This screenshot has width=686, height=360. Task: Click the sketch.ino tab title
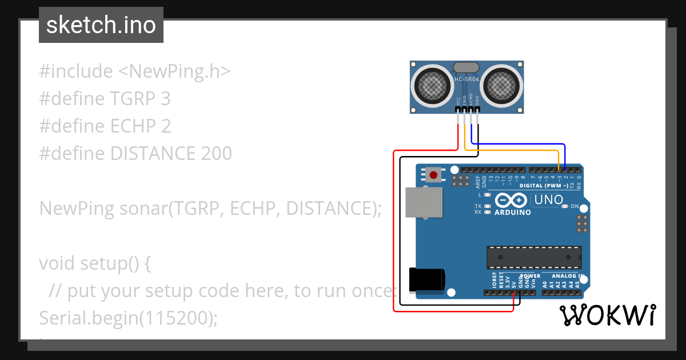click(101, 25)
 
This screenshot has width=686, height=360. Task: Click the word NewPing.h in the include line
click(174, 71)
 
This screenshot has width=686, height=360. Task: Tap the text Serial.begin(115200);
click(129, 318)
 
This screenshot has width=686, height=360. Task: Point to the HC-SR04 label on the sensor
click(466, 79)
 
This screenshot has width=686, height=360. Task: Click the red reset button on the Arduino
click(433, 175)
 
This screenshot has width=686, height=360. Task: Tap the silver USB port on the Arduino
click(424, 202)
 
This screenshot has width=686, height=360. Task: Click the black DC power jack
click(426, 280)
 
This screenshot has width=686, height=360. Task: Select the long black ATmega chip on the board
click(534, 257)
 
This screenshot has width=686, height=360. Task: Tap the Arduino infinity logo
click(510, 201)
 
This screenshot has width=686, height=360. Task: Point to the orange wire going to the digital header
click(514, 150)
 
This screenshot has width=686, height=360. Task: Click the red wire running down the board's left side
click(394, 229)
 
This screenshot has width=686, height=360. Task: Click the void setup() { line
click(95, 263)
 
